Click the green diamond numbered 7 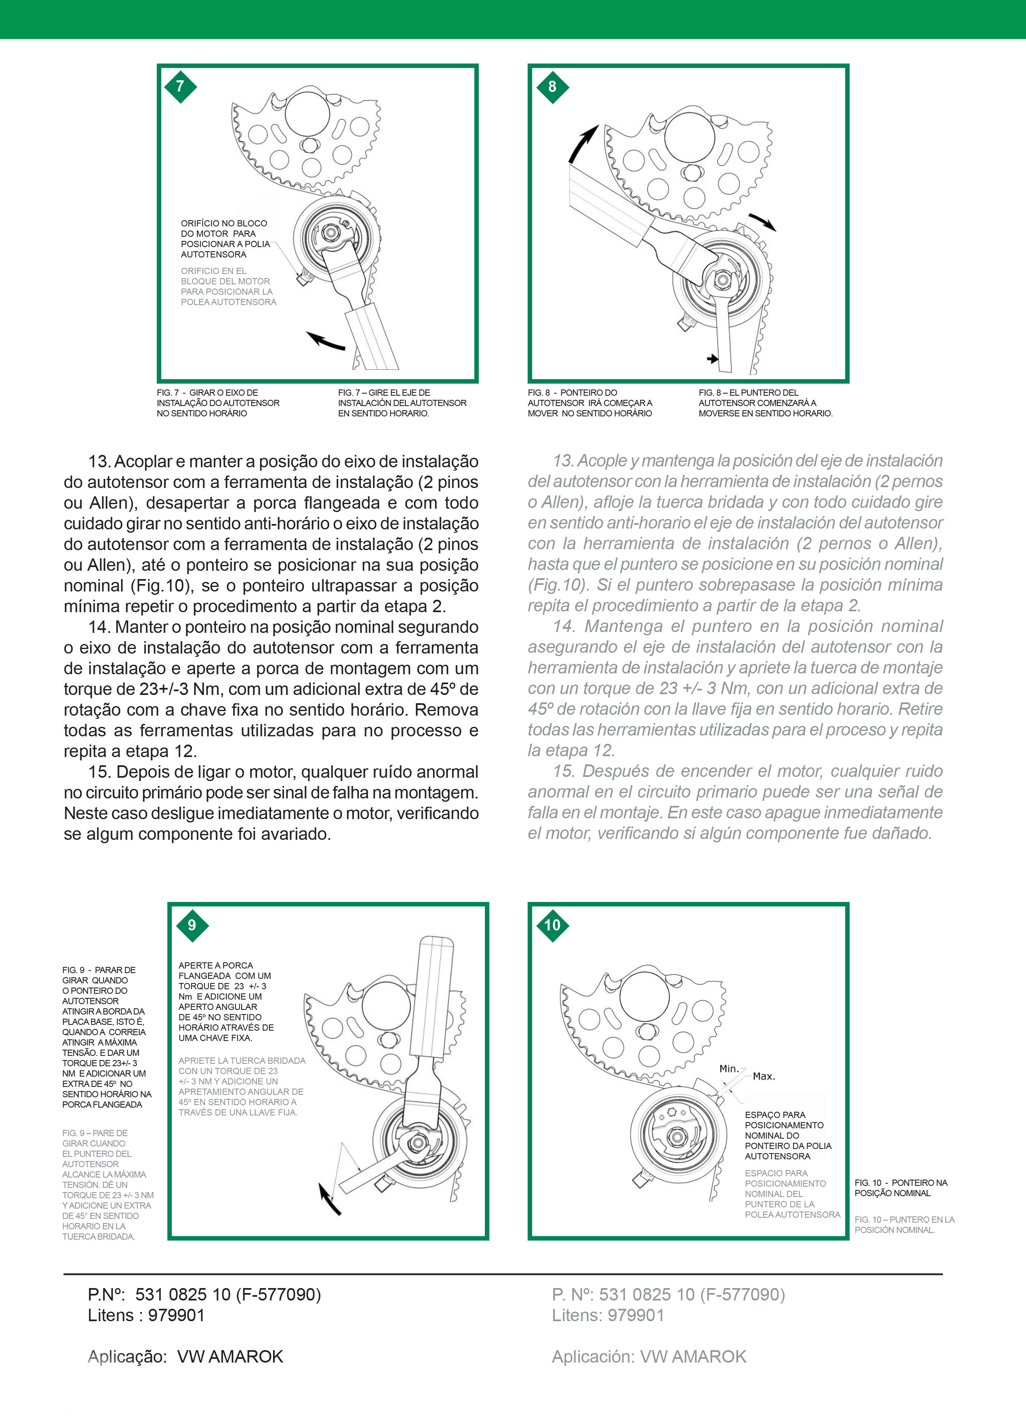point(181,87)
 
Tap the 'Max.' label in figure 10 point(764,1076)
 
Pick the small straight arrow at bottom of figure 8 point(712,359)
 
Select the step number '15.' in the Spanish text point(564,771)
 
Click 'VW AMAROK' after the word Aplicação point(230,1356)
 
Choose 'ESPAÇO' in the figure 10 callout point(762,1115)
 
